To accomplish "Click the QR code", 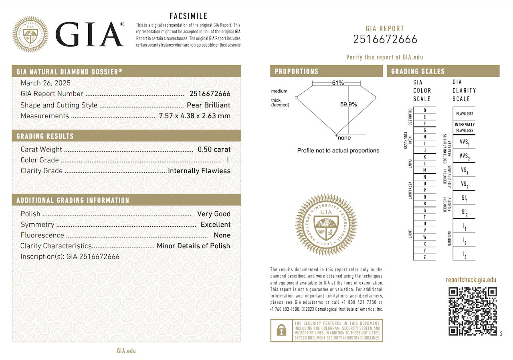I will coord(473,311).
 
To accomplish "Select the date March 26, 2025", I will coord(45,83).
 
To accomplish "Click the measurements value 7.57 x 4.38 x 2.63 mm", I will coord(194,116).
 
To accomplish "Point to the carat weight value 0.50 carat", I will coord(214,149).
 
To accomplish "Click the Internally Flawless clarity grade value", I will coord(199,171).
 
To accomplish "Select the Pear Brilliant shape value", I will coord(208,105).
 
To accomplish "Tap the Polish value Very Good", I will coord(214,214).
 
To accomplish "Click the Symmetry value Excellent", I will coord(215,224).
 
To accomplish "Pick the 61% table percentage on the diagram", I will coord(338,83).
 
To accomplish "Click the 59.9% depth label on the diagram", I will coord(348,104).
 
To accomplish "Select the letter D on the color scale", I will coord(424,110).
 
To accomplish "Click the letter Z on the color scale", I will coord(424,257).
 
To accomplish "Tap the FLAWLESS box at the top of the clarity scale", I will coord(465,114).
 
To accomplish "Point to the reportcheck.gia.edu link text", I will coord(471,280).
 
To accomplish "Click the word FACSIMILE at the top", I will coord(188,16).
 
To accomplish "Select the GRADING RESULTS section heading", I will coord(45,136).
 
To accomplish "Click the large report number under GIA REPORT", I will coord(385,39).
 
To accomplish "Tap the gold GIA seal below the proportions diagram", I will coord(326,225).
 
